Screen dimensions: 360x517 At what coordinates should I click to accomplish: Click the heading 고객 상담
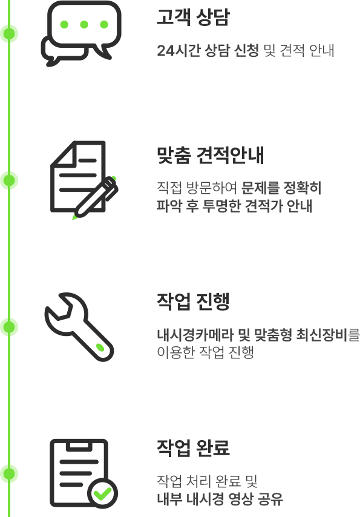click(193, 17)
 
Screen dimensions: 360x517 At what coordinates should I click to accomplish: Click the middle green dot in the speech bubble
click(84, 24)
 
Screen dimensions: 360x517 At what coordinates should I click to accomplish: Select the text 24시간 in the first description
click(178, 50)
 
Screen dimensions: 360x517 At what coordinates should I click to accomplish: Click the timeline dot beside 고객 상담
click(9, 34)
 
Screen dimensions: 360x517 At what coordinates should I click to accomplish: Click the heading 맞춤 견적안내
click(210, 156)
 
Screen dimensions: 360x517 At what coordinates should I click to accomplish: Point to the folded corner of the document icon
click(64, 154)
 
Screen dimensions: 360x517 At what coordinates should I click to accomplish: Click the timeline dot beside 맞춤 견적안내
click(9, 180)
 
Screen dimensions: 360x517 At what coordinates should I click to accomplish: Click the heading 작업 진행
click(193, 301)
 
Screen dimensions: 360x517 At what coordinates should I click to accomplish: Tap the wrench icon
click(79, 327)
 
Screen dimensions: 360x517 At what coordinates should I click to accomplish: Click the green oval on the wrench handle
click(100, 347)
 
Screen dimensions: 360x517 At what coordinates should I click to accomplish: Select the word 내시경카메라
click(195, 335)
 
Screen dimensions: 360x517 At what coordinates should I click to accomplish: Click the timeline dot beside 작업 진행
click(9, 327)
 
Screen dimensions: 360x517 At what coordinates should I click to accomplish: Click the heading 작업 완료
click(193, 448)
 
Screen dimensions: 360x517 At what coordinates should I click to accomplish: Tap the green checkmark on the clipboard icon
click(102, 493)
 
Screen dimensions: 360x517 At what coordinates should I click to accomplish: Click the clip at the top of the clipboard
click(79, 445)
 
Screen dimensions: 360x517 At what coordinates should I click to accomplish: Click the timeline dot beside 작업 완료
click(9, 474)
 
